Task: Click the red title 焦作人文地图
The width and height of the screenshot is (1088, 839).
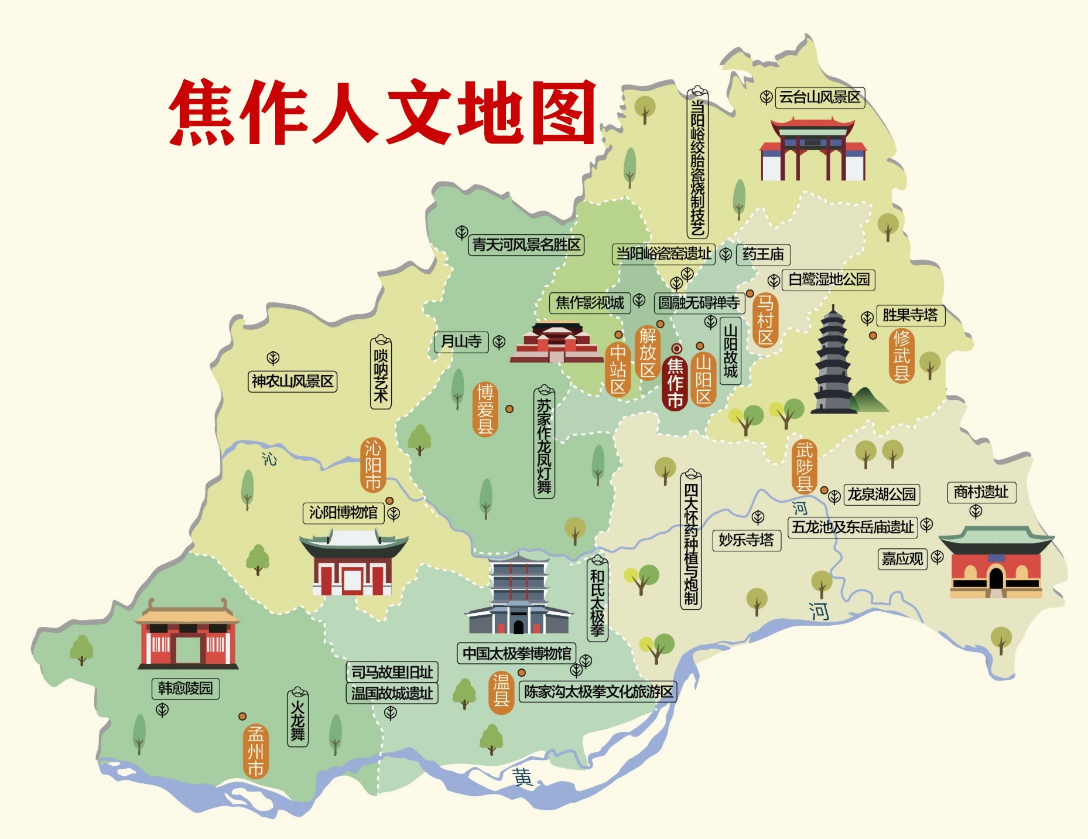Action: [x=382, y=112]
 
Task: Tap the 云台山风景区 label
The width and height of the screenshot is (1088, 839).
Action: [x=819, y=97]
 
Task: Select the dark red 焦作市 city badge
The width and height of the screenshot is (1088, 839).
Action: [x=675, y=383]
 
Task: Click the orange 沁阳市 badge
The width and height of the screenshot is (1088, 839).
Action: [x=373, y=465]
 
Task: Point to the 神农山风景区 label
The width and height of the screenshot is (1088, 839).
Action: [x=292, y=381]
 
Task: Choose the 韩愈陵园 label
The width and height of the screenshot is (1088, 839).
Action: [x=185, y=688]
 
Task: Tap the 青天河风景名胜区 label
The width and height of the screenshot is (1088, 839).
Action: [x=526, y=245]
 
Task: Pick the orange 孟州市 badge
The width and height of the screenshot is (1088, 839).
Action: [x=255, y=751]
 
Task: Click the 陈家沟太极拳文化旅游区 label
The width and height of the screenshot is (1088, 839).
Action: [x=598, y=692]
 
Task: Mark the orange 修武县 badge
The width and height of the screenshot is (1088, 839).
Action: [x=901, y=356]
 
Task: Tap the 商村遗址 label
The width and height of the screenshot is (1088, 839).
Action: [x=981, y=492]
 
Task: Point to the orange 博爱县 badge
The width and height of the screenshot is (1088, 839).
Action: [x=485, y=410]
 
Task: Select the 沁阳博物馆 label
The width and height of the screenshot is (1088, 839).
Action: [x=343, y=513]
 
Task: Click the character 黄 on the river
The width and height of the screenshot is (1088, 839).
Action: [x=522, y=777]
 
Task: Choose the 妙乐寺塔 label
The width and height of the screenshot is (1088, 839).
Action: [x=746, y=540]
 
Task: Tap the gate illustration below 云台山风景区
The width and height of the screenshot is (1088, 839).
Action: [x=812, y=150]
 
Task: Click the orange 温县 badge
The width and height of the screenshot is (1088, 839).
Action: [x=501, y=691]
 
